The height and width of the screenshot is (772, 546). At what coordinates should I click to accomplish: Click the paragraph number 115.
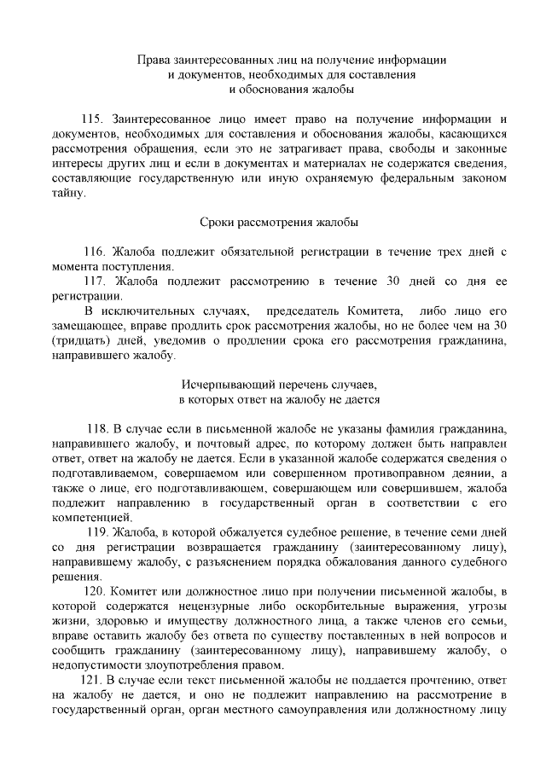(91, 119)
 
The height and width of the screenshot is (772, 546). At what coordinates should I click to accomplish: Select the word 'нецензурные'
(165, 607)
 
